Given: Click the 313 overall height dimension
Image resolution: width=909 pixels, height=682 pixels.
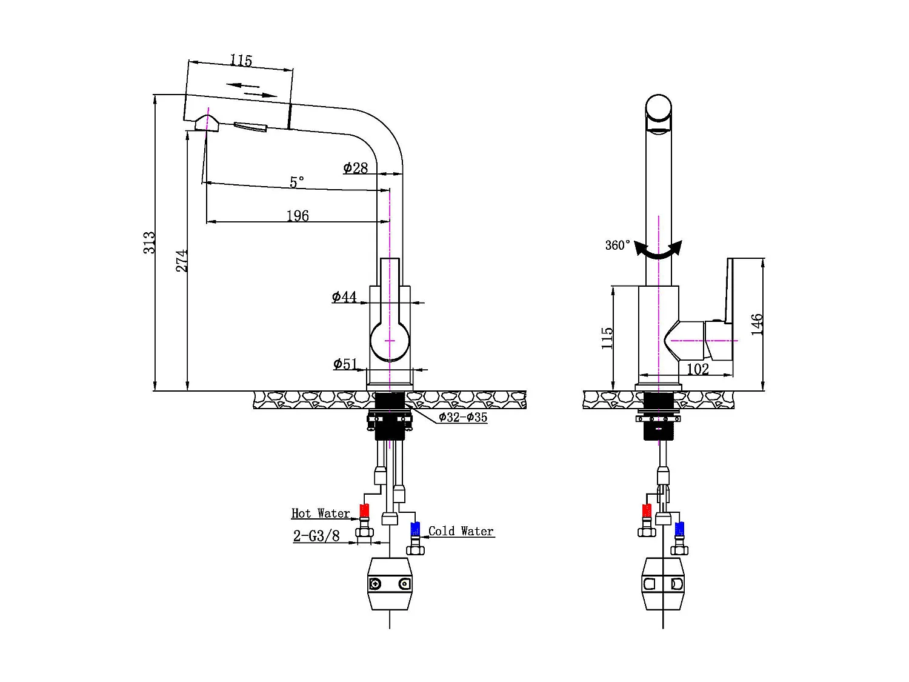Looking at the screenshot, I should point(149,242).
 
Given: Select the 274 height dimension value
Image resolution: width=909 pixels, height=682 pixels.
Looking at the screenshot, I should point(182,261).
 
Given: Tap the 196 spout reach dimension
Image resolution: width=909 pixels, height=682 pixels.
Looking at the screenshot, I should point(298,216).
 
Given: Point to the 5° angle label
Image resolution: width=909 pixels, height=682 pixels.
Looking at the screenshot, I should point(297,182).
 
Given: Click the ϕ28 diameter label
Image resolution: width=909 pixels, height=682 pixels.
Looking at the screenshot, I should point(356,168).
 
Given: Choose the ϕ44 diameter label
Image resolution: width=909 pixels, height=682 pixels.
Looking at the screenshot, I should point(344,297).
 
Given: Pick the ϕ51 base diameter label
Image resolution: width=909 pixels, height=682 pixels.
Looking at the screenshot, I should point(345,364).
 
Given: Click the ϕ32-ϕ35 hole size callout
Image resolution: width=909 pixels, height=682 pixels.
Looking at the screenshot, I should point(463,417).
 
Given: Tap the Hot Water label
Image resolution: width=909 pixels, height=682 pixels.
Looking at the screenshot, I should point(321,513).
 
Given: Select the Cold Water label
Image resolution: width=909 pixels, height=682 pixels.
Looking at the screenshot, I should point(461,532).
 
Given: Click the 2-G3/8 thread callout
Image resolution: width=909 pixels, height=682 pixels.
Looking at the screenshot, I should point(316,536).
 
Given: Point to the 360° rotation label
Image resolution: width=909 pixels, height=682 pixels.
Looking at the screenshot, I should point(618,245).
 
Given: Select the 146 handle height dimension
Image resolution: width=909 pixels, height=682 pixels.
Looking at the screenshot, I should point(757,324).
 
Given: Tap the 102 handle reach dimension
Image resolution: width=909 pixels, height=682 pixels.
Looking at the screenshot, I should point(698,369).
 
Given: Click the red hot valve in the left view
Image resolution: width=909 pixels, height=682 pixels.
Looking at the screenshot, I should point(364,511).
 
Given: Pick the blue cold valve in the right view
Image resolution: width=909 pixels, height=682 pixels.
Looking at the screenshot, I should point(679,529).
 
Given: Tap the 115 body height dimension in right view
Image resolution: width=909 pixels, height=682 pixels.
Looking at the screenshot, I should point(607,338).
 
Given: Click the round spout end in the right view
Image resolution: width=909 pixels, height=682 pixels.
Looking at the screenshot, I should point(659,109).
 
